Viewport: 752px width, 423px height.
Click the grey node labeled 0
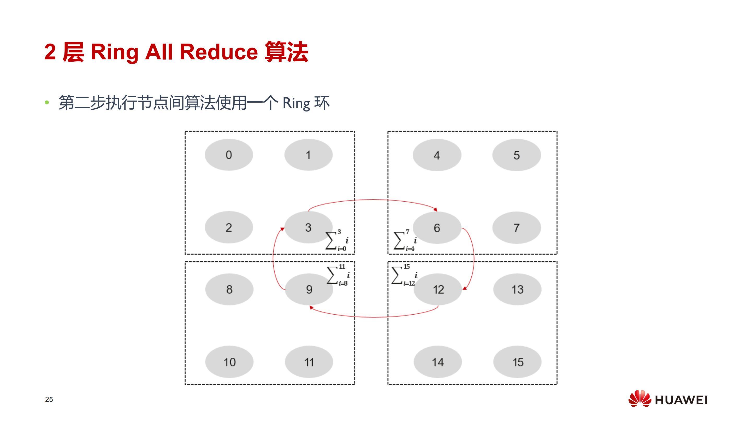229,155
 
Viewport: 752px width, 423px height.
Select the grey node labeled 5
516,155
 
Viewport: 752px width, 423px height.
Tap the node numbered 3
308,227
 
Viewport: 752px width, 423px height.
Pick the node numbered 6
437,228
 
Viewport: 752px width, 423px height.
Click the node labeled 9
309,289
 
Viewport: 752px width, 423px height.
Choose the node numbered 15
517,362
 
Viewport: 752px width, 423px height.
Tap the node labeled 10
229,362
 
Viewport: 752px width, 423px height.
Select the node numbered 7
516,228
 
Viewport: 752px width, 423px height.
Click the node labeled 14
437,362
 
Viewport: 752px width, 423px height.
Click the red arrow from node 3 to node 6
372,200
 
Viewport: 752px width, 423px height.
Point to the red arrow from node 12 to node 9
374,317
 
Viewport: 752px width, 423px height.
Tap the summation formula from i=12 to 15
405,275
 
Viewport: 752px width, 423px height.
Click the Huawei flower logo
640,398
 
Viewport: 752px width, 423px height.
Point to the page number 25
49,399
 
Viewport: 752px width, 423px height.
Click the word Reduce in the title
219,52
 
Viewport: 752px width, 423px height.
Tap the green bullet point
47,103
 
